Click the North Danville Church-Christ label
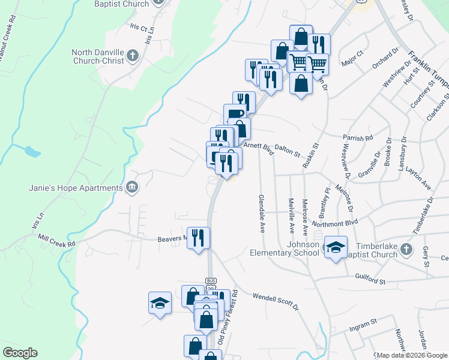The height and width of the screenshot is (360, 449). pyautogui.click(x=98, y=56)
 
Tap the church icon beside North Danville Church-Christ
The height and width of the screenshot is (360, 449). pyautogui.click(x=133, y=56)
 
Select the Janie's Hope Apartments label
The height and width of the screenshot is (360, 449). pyautogui.click(x=76, y=188)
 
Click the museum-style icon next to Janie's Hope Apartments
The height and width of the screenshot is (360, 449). pyautogui.click(x=131, y=188)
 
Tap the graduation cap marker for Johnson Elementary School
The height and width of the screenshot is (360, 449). pyautogui.click(x=336, y=247)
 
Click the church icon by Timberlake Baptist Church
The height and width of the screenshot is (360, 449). pyautogui.click(x=406, y=248)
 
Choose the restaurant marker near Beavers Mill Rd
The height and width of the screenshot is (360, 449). pyautogui.click(x=198, y=238)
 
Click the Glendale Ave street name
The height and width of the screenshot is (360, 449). pyautogui.click(x=261, y=213)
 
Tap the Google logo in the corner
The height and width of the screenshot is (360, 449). pyautogui.click(x=20, y=353)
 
